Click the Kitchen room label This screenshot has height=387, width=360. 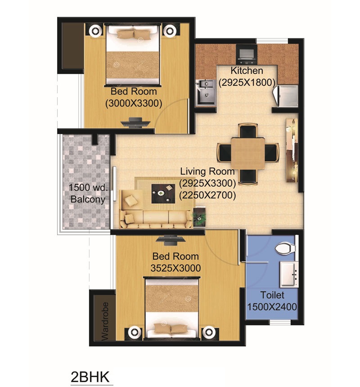[247, 71]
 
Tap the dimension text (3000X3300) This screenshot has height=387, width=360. [134, 103]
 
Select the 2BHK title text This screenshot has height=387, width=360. [90, 376]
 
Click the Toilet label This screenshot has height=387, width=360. [272, 295]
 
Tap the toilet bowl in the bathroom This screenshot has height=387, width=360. [283, 247]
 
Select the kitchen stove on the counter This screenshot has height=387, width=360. [247, 54]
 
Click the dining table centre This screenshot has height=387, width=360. [247, 153]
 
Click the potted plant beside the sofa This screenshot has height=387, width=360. [198, 216]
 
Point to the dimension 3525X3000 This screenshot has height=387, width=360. [176, 268]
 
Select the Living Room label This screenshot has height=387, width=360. [207, 171]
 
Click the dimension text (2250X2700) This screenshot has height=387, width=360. [207, 195]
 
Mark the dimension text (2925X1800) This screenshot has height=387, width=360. [247, 83]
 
